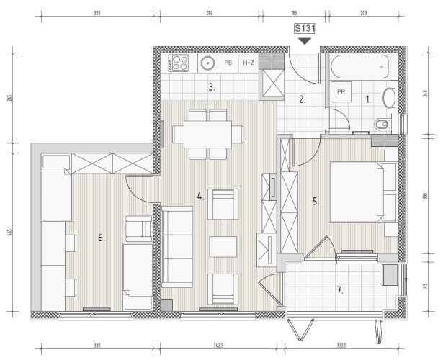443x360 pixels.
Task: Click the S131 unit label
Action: click(305, 29)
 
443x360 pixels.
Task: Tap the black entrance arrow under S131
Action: click(305, 41)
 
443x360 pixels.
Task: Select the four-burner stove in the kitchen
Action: click(179, 63)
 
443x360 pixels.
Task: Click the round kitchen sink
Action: click(208, 63)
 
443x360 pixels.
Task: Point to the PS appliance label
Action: click(228, 63)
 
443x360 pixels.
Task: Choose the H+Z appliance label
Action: click(249, 63)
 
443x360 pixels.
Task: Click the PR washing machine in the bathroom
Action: click(341, 91)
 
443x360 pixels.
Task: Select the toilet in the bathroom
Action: click(382, 124)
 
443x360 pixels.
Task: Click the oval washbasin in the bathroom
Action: click(390, 98)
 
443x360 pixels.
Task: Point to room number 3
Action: click(212, 87)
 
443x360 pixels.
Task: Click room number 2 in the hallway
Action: click(303, 99)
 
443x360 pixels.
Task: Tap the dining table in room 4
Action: click(207, 134)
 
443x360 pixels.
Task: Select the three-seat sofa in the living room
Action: click(177, 247)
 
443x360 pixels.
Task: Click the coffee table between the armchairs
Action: click(223, 247)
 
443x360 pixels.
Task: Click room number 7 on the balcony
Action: click(340, 290)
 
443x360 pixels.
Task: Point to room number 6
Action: click(102, 238)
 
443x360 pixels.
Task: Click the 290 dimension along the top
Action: click(210, 13)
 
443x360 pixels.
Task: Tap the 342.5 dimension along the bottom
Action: click(219, 346)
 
